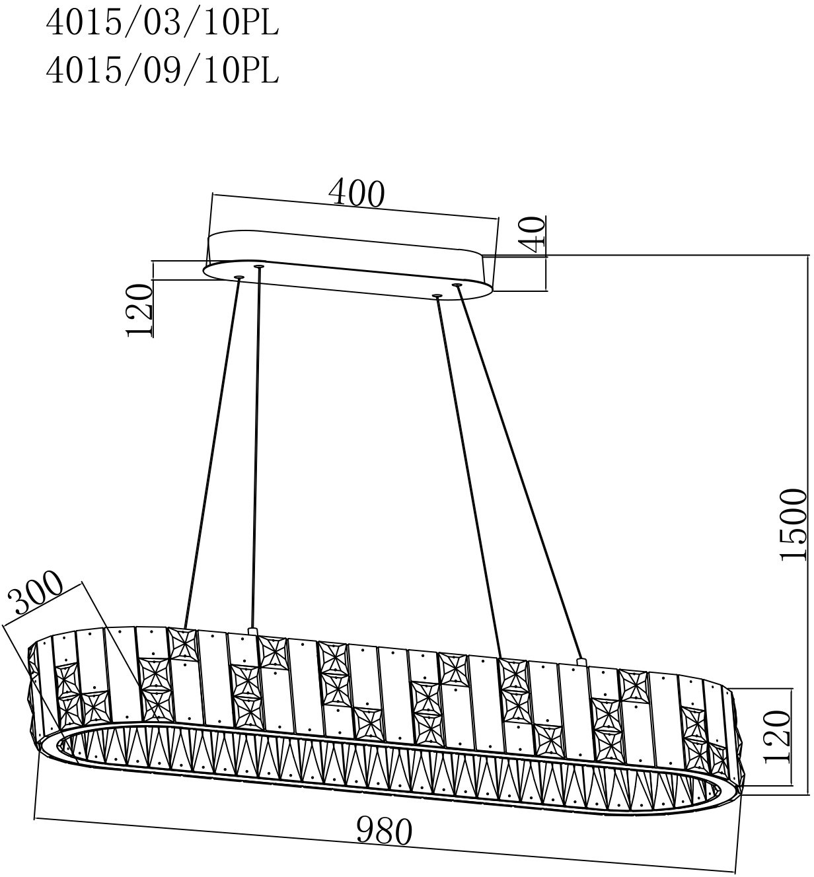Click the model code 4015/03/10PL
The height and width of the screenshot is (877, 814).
[162, 24]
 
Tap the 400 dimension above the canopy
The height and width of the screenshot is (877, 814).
[356, 193]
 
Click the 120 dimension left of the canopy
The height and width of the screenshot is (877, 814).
[140, 311]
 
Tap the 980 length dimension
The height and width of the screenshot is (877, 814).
[384, 831]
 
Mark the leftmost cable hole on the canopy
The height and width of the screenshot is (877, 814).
[239, 277]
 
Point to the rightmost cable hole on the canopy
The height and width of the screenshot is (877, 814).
[457, 285]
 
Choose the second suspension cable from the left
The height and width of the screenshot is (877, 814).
[255, 449]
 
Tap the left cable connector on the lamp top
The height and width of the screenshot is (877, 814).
[251, 631]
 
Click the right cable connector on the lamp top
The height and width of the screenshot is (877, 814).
[581, 660]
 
